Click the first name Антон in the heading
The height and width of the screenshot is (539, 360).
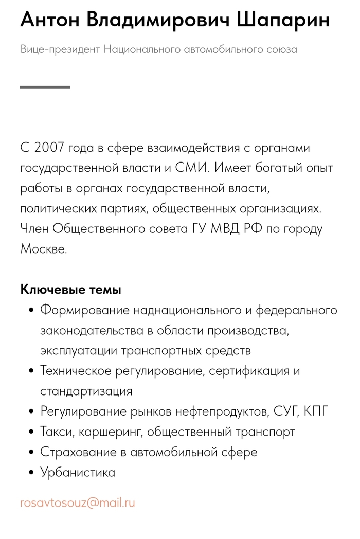[49, 21]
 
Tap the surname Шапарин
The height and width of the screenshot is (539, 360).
[283, 21]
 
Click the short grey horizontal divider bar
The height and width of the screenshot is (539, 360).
[45, 87]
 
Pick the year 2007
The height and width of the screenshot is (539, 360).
[49, 148]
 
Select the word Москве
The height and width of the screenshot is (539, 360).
[44, 249]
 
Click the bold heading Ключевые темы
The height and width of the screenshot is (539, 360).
[71, 290]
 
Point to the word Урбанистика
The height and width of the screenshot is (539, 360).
[78, 472]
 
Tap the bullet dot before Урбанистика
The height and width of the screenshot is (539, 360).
[32, 472]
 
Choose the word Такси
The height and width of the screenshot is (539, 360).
[58, 432]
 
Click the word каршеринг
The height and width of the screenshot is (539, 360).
[111, 432]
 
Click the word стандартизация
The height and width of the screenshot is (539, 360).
[86, 391]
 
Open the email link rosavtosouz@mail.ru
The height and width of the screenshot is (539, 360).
[78, 502]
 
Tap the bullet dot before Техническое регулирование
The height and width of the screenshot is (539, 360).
[32, 371]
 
